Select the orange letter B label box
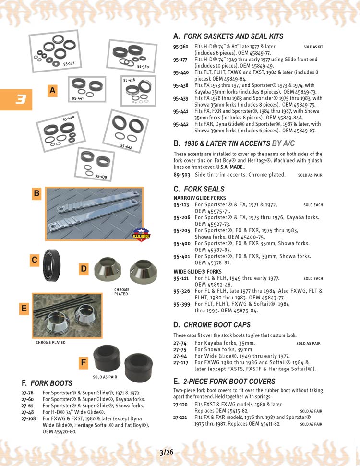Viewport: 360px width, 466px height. coord(36,194)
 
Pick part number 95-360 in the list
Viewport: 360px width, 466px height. coord(180,47)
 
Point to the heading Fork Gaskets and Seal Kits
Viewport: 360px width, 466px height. coord(228,36)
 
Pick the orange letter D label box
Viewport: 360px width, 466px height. coord(84,269)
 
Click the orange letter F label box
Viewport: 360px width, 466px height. coord(84,363)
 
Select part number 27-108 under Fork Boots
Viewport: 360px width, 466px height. coord(28,418)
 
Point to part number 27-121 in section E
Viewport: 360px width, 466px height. coord(180,418)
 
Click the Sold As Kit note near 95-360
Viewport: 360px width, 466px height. coord(313,47)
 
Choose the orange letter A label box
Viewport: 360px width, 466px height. coord(52,90)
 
